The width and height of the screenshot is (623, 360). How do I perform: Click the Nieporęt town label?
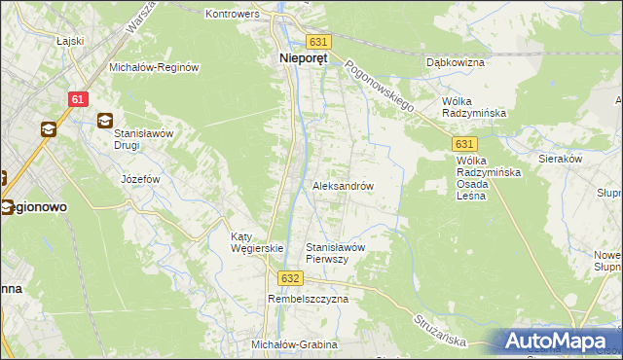[298, 57]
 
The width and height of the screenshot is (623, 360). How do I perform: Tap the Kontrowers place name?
[232, 15]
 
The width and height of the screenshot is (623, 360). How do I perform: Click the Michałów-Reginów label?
[154, 67]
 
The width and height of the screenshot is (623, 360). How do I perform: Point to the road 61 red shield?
[79, 99]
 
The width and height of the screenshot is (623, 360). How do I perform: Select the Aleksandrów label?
[343, 185]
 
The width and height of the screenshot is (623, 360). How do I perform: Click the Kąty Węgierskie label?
[255, 242]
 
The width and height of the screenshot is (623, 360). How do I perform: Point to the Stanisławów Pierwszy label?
[335, 253]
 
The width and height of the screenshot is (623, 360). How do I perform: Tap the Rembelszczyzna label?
[308, 300]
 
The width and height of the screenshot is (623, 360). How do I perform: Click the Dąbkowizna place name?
[456, 61]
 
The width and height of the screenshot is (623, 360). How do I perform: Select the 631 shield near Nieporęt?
[318, 42]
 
